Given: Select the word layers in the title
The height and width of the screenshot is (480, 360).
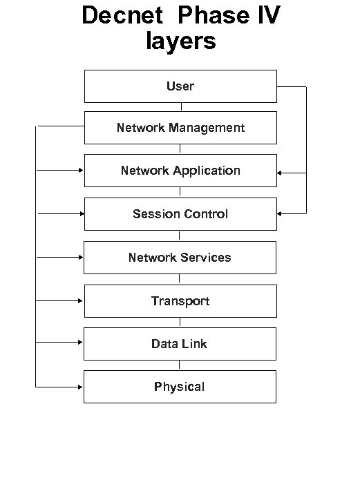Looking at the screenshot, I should click(x=180, y=41).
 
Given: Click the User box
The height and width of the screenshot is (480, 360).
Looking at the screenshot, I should click(x=180, y=86).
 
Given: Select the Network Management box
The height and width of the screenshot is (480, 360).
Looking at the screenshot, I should click(x=180, y=128).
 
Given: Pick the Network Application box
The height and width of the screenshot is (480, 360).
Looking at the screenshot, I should click(x=180, y=171).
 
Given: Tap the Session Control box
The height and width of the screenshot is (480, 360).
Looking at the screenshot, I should click(x=180, y=214).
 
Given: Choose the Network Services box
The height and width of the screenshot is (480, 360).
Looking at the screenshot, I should click(x=180, y=258).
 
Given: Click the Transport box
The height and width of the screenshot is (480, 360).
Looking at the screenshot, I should click(x=180, y=301).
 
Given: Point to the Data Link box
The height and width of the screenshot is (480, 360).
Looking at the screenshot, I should click(x=180, y=344).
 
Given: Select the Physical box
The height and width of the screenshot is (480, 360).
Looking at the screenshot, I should click(x=180, y=387).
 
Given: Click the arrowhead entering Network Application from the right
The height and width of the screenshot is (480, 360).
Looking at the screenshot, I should click(x=280, y=173).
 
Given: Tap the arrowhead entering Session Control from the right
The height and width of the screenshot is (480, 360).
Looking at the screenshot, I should click(x=280, y=214).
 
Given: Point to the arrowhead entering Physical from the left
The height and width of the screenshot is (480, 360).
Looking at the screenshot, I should click(x=81, y=387).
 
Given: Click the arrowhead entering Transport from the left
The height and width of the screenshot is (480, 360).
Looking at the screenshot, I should click(x=81, y=301).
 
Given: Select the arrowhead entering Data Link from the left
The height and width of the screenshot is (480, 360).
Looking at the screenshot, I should click(x=81, y=343).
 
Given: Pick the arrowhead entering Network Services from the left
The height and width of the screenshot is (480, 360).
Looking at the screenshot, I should click(x=81, y=257).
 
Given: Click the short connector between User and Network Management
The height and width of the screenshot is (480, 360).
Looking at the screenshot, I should click(x=180, y=107).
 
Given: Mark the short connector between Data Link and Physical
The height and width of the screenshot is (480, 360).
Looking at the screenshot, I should click(x=180, y=365).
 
